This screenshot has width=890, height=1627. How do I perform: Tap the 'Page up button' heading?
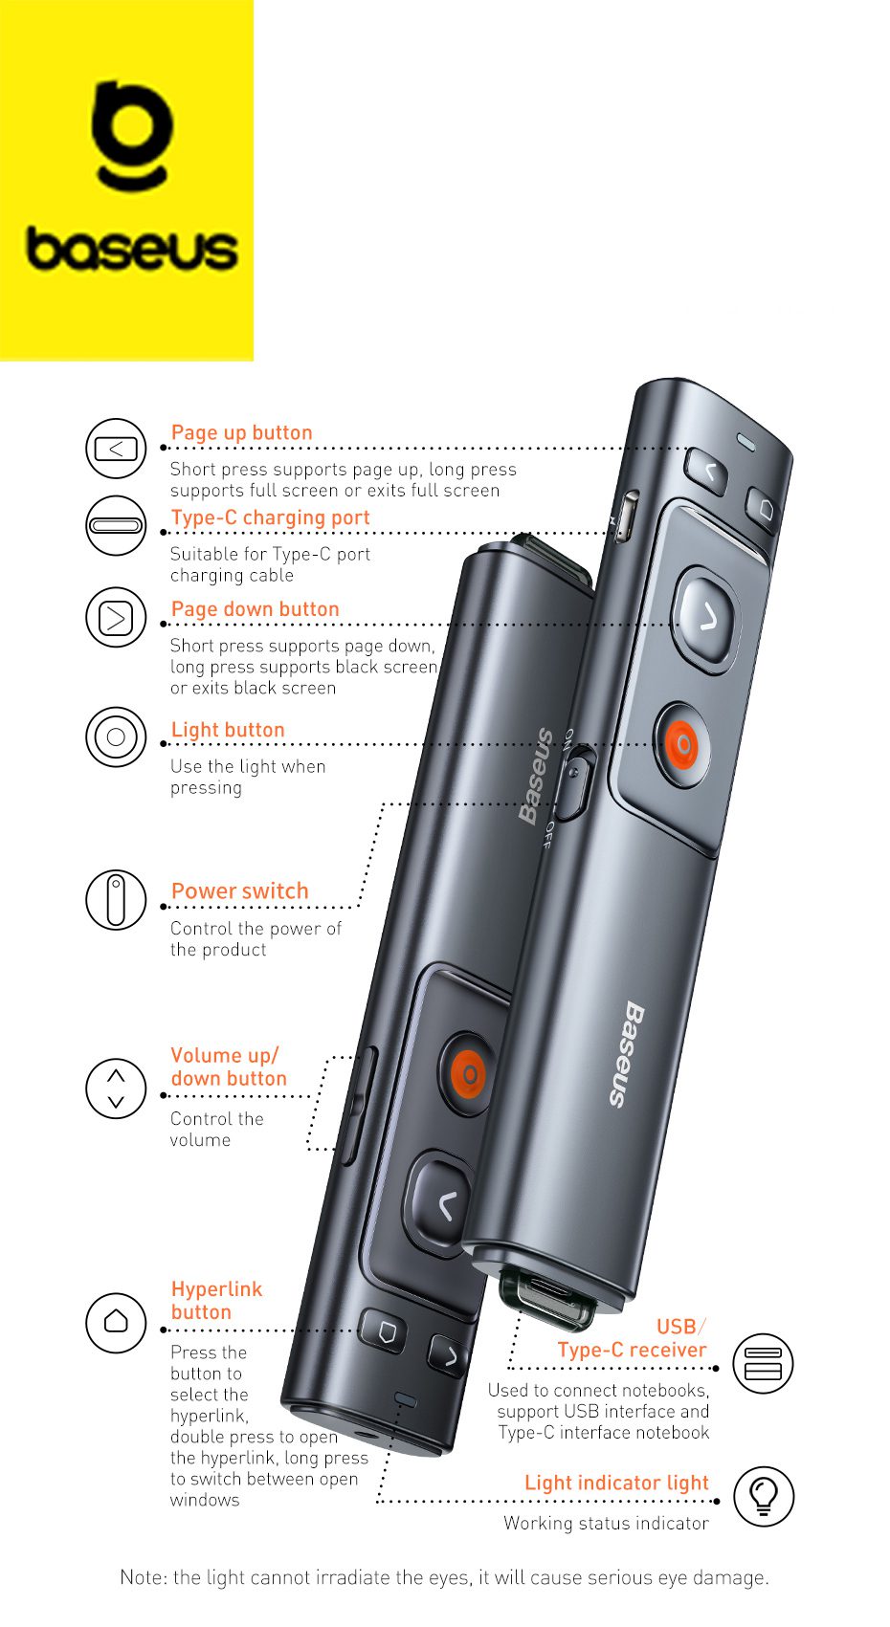242,432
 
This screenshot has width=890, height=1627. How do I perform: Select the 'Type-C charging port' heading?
270,517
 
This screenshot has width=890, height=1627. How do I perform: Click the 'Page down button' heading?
255,608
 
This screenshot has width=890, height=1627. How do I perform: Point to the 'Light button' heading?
228,729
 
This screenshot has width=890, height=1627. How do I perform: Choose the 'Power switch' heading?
240,890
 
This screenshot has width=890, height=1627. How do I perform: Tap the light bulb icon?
764,1496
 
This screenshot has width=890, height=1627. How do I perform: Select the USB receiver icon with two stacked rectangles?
763,1363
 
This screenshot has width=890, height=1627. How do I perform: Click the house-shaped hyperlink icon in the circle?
116,1322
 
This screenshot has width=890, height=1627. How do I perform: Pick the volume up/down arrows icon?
116,1088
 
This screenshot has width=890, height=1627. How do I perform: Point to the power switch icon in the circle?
116,899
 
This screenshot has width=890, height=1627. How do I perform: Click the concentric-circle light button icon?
116,737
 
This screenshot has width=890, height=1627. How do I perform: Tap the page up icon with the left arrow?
116,449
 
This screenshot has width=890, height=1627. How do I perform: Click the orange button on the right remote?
682,744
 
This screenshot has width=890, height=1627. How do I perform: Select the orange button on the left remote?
469,1073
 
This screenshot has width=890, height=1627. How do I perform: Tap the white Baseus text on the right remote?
626,1055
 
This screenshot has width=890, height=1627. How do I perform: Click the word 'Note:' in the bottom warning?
144,1577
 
